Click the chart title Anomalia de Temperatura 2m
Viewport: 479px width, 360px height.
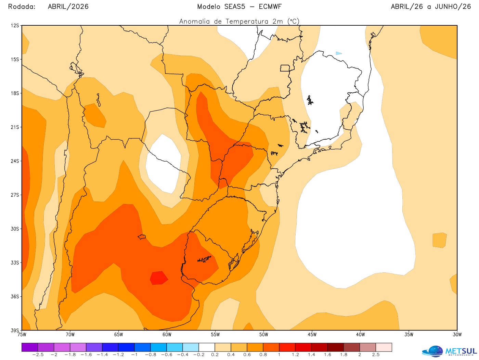click(x=239, y=22)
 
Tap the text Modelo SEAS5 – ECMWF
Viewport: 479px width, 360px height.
click(x=239, y=7)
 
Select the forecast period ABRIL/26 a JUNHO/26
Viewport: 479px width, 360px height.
click(x=431, y=7)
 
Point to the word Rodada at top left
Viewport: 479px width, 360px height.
click(x=22, y=7)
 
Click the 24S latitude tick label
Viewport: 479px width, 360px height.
click(x=15, y=161)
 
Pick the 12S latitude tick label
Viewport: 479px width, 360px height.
click(x=15, y=26)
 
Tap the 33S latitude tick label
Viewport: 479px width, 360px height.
click(x=15, y=262)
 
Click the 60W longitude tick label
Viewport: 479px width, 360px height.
click(x=167, y=335)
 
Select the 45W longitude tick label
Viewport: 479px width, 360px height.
click(x=312, y=335)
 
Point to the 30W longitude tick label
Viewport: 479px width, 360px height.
click(x=457, y=335)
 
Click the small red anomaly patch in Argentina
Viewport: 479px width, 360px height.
click(x=159, y=278)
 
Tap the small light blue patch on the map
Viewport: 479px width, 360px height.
click(x=338, y=53)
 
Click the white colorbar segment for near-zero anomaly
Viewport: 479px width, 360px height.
click(x=207, y=347)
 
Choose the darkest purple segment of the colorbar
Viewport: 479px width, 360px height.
click(x=30, y=347)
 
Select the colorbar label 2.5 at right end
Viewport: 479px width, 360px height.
click(x=376, y=355)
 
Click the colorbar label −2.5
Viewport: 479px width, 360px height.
click(x=38, y=355)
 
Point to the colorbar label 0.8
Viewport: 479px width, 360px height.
click(x=263, y=355)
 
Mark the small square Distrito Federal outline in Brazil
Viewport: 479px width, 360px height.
click(x=285, y=68)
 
